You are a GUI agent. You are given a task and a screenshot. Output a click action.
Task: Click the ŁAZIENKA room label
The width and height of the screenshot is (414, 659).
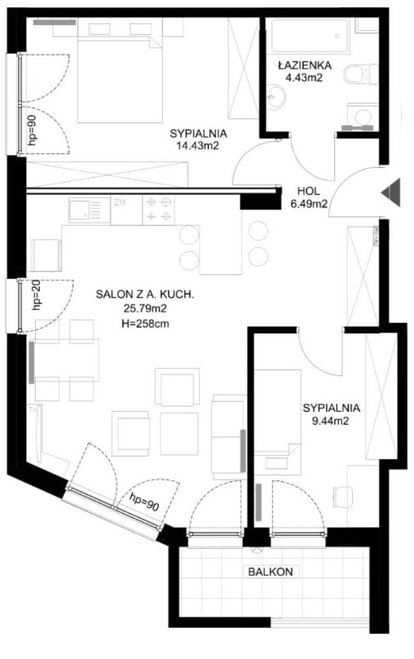305,65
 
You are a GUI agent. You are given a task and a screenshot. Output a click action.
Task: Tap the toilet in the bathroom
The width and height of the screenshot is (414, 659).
361,74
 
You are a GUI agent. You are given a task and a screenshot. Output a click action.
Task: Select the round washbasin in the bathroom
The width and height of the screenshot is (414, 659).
275,97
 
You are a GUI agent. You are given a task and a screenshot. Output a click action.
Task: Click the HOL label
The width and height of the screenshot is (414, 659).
308,191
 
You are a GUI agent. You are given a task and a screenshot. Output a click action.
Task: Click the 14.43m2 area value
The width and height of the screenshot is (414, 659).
198,146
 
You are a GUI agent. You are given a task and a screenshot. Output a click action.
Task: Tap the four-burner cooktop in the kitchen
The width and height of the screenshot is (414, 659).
159,210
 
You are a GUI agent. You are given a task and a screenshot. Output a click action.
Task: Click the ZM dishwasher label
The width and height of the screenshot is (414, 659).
120,202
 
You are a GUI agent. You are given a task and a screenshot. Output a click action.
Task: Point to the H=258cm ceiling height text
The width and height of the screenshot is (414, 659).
145,323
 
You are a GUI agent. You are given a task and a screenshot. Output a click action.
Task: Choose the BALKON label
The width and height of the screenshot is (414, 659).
271,572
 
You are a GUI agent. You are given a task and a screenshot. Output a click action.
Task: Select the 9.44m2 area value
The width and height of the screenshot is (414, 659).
331,421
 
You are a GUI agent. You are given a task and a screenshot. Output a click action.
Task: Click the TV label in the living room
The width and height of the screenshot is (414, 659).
33,409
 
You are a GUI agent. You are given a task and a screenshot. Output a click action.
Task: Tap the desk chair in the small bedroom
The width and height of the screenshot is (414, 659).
343,497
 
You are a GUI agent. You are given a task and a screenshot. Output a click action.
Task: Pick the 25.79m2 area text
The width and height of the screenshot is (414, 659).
145,309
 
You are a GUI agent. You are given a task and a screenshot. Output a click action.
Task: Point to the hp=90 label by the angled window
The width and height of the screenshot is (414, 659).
144,502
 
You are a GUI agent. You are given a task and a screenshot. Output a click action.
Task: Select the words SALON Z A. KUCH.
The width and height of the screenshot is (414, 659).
145,294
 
